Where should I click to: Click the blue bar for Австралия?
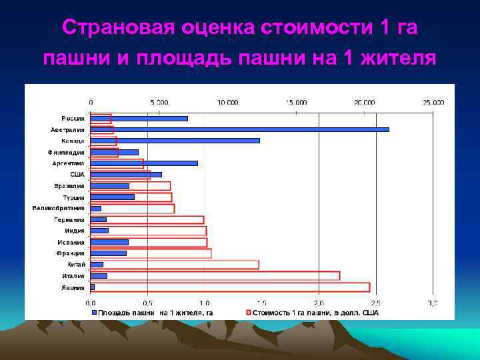point(239,129)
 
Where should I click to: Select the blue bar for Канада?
point(175,141)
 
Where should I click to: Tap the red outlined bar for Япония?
point(229,287)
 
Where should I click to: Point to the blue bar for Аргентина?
point(144,163)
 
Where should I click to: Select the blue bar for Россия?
point(139,119)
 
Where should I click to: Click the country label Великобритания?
point(59,209)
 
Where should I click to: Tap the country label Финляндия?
point(65,152)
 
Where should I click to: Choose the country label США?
point(77,175)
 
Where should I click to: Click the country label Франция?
point(70,253)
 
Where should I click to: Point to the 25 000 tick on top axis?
point(433,103)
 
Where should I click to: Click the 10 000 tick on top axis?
point(227,103)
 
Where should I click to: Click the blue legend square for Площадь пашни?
point(95,312)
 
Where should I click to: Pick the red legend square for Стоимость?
point(248,312)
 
